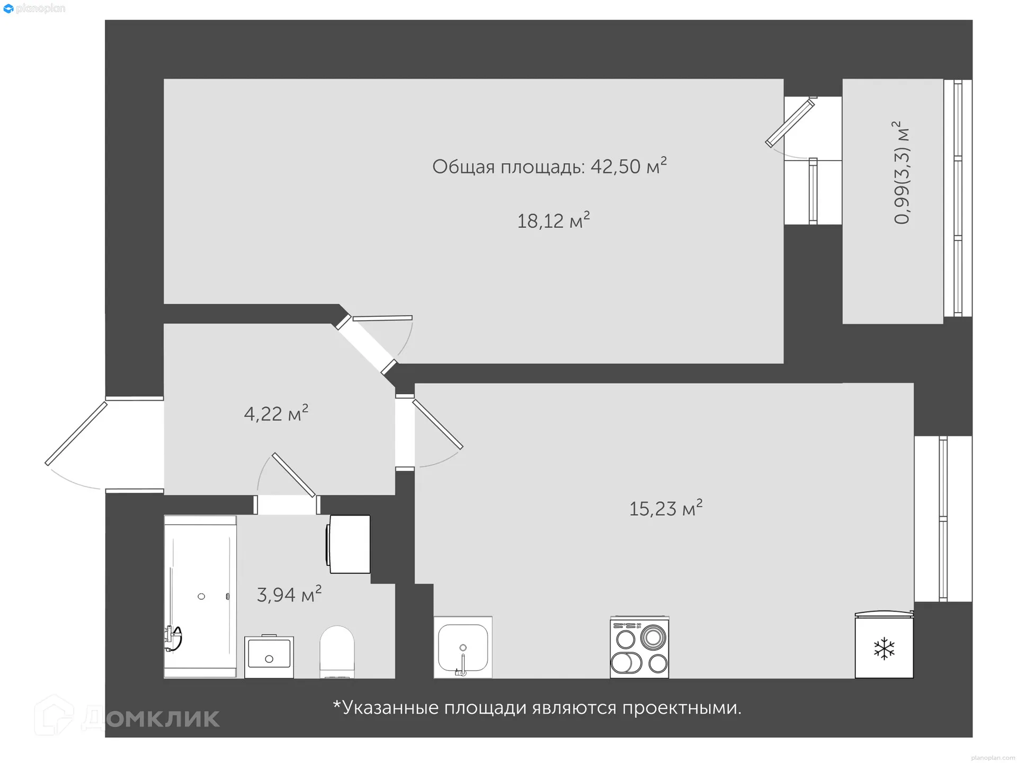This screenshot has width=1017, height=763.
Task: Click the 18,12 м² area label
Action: (553, 220)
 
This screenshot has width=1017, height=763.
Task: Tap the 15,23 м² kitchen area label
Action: (665, 508)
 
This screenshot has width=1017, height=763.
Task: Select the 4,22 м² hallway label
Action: (275, 413)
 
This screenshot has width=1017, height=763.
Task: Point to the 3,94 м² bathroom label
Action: (289, 595)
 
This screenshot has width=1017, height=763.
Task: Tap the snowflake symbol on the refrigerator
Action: (884, 649)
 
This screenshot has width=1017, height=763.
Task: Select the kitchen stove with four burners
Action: (639, 647)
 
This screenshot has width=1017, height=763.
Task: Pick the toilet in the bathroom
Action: (337, 652)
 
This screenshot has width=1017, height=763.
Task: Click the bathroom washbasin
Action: (269, 656)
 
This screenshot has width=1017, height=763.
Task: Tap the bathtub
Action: (200, 596)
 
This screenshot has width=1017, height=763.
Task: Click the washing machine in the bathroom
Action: (349, 544)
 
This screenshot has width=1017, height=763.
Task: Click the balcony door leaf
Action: (790, 123)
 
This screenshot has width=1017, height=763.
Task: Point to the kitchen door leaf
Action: (438, 424)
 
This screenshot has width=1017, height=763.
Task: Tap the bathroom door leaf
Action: (294, 475)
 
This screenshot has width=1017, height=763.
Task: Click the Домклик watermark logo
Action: (127, 717)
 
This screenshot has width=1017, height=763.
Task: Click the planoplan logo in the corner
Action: (34, 8)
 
